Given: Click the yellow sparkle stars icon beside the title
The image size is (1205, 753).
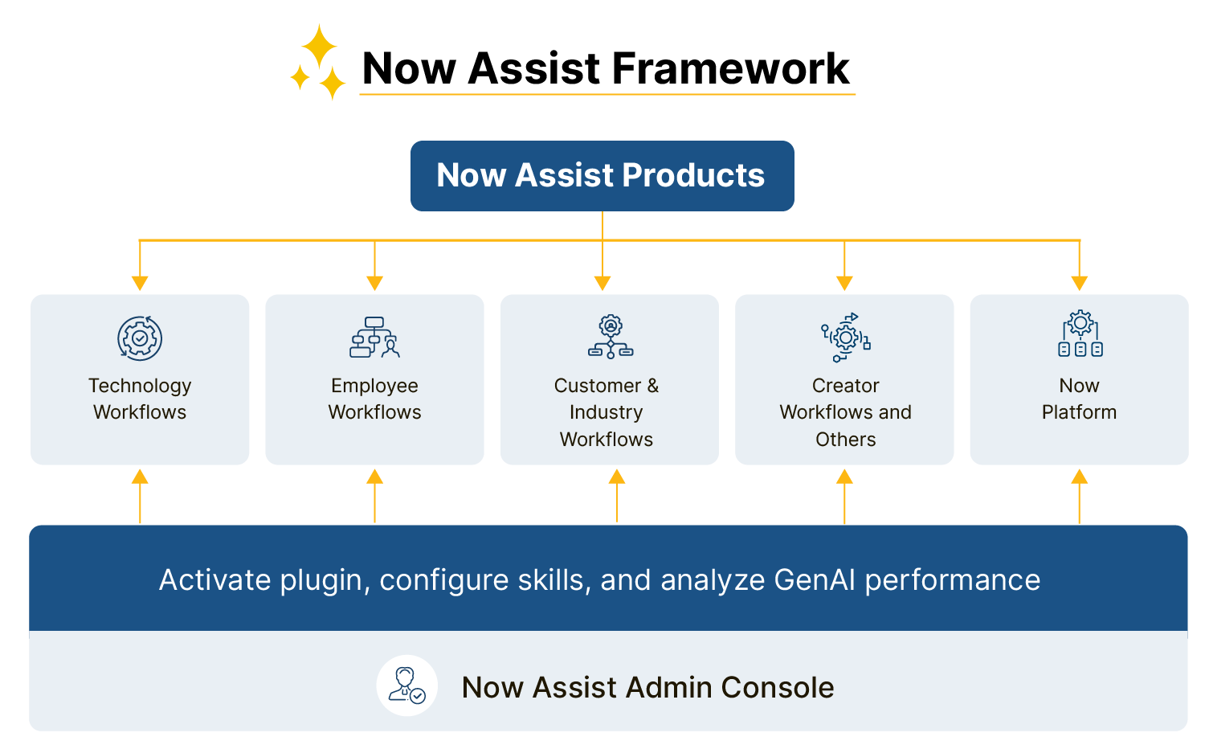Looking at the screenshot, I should click(319, 63).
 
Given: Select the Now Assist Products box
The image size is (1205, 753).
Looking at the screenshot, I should click(602, 176).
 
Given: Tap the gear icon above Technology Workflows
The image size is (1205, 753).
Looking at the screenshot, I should click(140, 338).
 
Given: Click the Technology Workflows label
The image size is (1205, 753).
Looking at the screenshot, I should click(140, 399).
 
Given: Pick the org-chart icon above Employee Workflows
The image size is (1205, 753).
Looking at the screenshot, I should click(374, 338).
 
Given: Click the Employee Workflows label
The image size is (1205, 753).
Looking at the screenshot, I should click(374, 399).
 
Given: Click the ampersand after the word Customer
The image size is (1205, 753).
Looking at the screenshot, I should click(652, 386).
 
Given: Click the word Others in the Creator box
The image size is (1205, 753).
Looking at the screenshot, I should click(845, 440).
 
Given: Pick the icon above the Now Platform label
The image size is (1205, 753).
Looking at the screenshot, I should click(1080, 334).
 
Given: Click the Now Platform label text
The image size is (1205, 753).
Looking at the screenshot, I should click(1079, 399).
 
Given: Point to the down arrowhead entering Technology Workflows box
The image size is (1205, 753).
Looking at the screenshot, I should click(140, 283).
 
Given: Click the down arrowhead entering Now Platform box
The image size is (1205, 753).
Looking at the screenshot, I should click(1080, 283).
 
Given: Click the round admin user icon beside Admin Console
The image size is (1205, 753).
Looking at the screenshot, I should click(407, 685).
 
